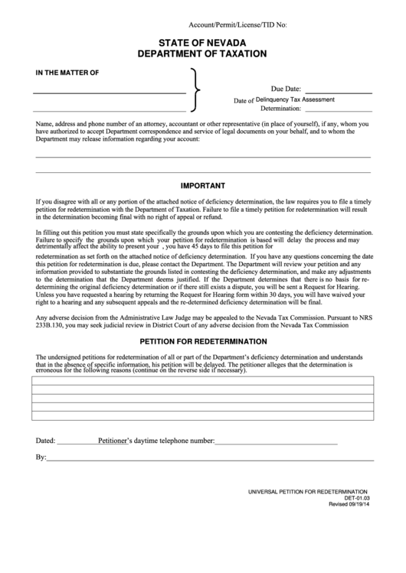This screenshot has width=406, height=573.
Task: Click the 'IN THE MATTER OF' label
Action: click(67, 73)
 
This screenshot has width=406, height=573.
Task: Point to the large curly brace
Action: click(198, 90)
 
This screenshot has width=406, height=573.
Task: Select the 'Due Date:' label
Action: click(286, 90)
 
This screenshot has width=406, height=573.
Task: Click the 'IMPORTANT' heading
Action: click(202, 186)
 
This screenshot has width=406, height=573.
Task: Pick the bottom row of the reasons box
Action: click(202, 416)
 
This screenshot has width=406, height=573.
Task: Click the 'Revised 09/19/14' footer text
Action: click(349, 504)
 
